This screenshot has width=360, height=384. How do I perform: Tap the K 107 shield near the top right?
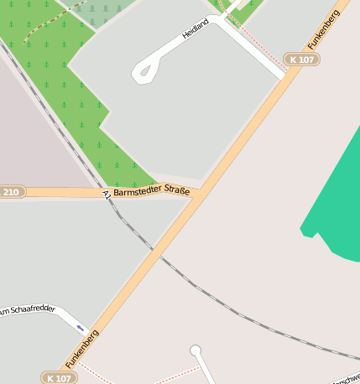tap(301, 60)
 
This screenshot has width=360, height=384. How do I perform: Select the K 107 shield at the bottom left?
tap(59, 378)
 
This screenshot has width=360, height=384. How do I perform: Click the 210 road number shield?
tap(11, 193)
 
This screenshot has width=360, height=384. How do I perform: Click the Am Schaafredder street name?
tap(27, 311)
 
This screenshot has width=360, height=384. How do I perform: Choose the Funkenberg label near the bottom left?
tap(82, 350)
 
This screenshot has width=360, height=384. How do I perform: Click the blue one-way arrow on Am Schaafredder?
tap(81, 328)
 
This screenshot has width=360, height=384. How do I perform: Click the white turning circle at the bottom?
tap(196, 350)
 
